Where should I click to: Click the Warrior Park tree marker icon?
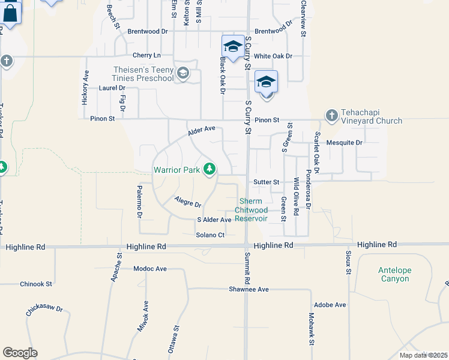point(209,170)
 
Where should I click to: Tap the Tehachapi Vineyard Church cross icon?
point(331,115)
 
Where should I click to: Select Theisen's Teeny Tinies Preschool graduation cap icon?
point(183,74)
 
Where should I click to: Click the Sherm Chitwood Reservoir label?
point(253,210)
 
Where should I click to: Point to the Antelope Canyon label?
point(394,274)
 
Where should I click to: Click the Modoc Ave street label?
point(150,269)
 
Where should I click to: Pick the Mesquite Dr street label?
point(345,143)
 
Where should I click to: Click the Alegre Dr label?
point(187,202)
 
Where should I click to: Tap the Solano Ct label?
point(210,235)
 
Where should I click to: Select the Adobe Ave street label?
point(330,305)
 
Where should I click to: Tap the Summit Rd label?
point(247,268)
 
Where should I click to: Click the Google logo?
point(20,353)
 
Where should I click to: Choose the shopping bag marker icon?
point(10,12)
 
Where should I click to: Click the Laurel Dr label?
point(108,88)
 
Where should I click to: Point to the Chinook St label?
point(36,284)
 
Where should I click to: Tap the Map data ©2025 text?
point(423,355)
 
